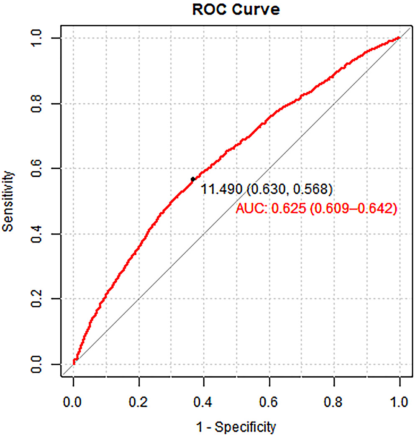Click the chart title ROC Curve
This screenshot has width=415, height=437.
[x=236, y=10]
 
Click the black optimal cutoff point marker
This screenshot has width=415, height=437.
[x=193, y=179]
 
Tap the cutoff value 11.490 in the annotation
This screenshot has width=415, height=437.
[x=222, y=189]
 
